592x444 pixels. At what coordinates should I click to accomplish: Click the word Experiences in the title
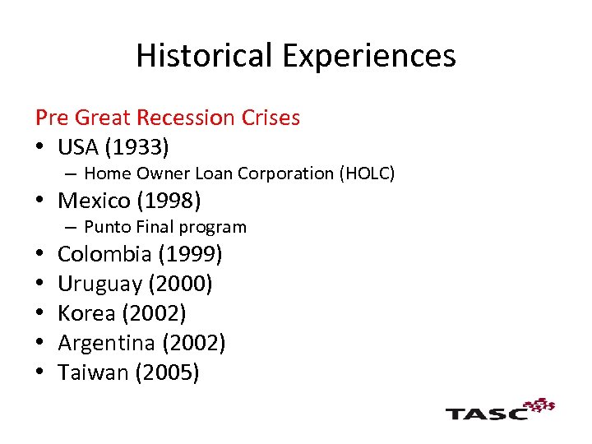pyautogui.click(x=371, y=56)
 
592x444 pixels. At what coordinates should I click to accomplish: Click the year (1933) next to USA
pyautogui.click(x=139, y=148)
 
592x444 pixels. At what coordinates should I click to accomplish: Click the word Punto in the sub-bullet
pyautogui.click(x=104, y=227)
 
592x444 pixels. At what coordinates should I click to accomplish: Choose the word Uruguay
pyautogui.click(x=99, y=284)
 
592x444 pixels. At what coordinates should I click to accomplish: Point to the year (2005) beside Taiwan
pyautogui.click(x=168, y=372)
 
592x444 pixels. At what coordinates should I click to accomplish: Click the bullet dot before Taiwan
pyautogui.click(x=40, y=372)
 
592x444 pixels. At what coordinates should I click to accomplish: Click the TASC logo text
pyautogui.click(x=487, y=413)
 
